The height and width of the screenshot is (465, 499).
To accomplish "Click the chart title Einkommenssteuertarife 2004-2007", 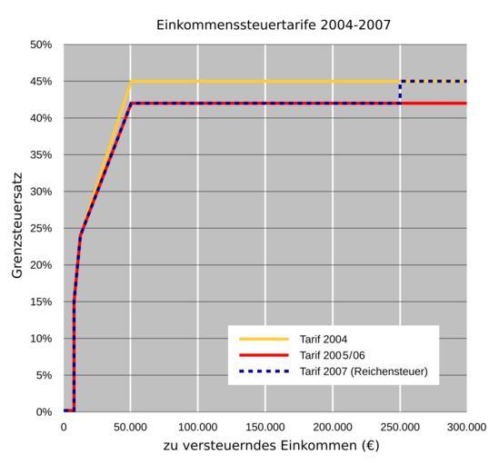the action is [x=274, y=25].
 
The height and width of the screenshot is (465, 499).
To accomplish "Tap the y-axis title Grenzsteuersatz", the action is [x=17, y=225].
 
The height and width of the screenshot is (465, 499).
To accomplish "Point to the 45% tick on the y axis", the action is [x=41, y=82].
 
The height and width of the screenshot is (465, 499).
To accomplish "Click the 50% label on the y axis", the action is [x=41, y=45].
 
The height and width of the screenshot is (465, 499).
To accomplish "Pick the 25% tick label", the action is [x=41, y=228].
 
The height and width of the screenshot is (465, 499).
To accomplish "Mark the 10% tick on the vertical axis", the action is [x=41, y=339].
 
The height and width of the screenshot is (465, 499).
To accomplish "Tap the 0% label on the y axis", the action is [x=44, y=412].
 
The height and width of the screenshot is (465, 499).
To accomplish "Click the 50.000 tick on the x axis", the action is [x=130, y=427].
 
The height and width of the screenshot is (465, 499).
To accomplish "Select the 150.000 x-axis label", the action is [x=265, y=427].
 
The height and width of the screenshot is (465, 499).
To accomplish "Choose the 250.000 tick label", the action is [x=400, y=427].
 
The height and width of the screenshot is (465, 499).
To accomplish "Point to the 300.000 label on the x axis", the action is [x=466, y=427].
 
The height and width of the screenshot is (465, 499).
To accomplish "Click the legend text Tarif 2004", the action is [x=324, y=340].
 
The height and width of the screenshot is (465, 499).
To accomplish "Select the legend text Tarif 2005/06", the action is [x=333, y=355].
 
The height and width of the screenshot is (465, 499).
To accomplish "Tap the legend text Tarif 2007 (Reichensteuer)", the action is [x=364, y=371].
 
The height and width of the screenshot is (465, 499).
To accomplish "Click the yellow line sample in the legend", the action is [x=264, y=339].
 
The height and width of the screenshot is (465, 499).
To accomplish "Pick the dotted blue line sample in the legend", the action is [x=264, y=371].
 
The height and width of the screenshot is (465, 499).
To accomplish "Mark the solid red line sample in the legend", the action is [x=264, y=355].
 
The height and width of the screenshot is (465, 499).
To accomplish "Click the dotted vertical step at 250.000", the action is [x=400, y=93].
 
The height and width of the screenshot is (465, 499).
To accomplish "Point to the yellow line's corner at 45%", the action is [x=131, y=82].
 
